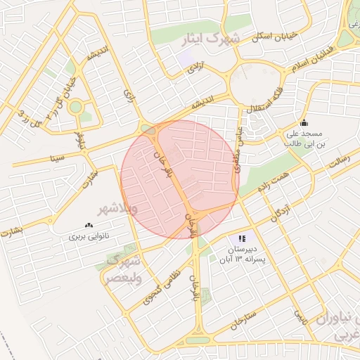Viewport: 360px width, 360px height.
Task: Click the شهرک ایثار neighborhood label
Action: click(x=210, y=39)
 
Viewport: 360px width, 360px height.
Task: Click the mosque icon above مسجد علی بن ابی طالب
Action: click(x=303, y=122)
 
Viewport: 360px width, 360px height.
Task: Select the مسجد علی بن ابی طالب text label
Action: click(x=303, y=138)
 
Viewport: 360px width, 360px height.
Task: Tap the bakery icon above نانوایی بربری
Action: click(x=89, y=225)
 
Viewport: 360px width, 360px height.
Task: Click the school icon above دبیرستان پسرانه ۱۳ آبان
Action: click(x=242, y=239)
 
